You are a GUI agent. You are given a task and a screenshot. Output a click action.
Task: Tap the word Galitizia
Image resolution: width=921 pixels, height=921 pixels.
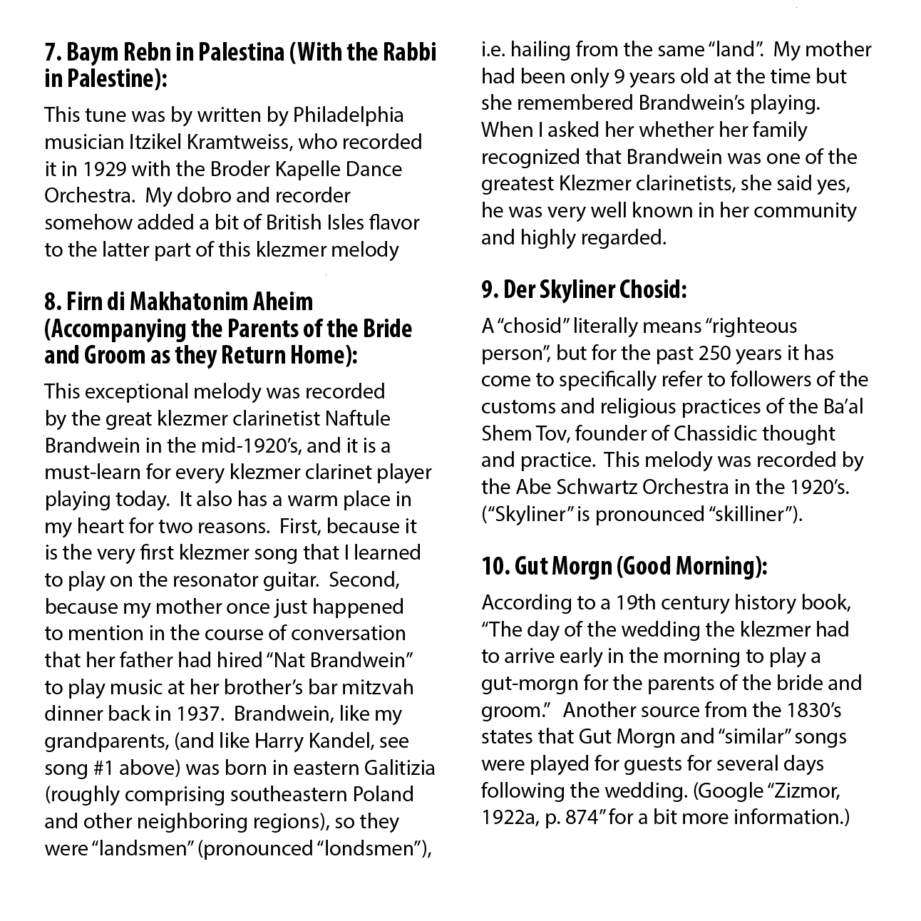[391, 768]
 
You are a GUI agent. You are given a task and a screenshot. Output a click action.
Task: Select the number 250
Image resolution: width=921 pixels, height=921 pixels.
[715, 353]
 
